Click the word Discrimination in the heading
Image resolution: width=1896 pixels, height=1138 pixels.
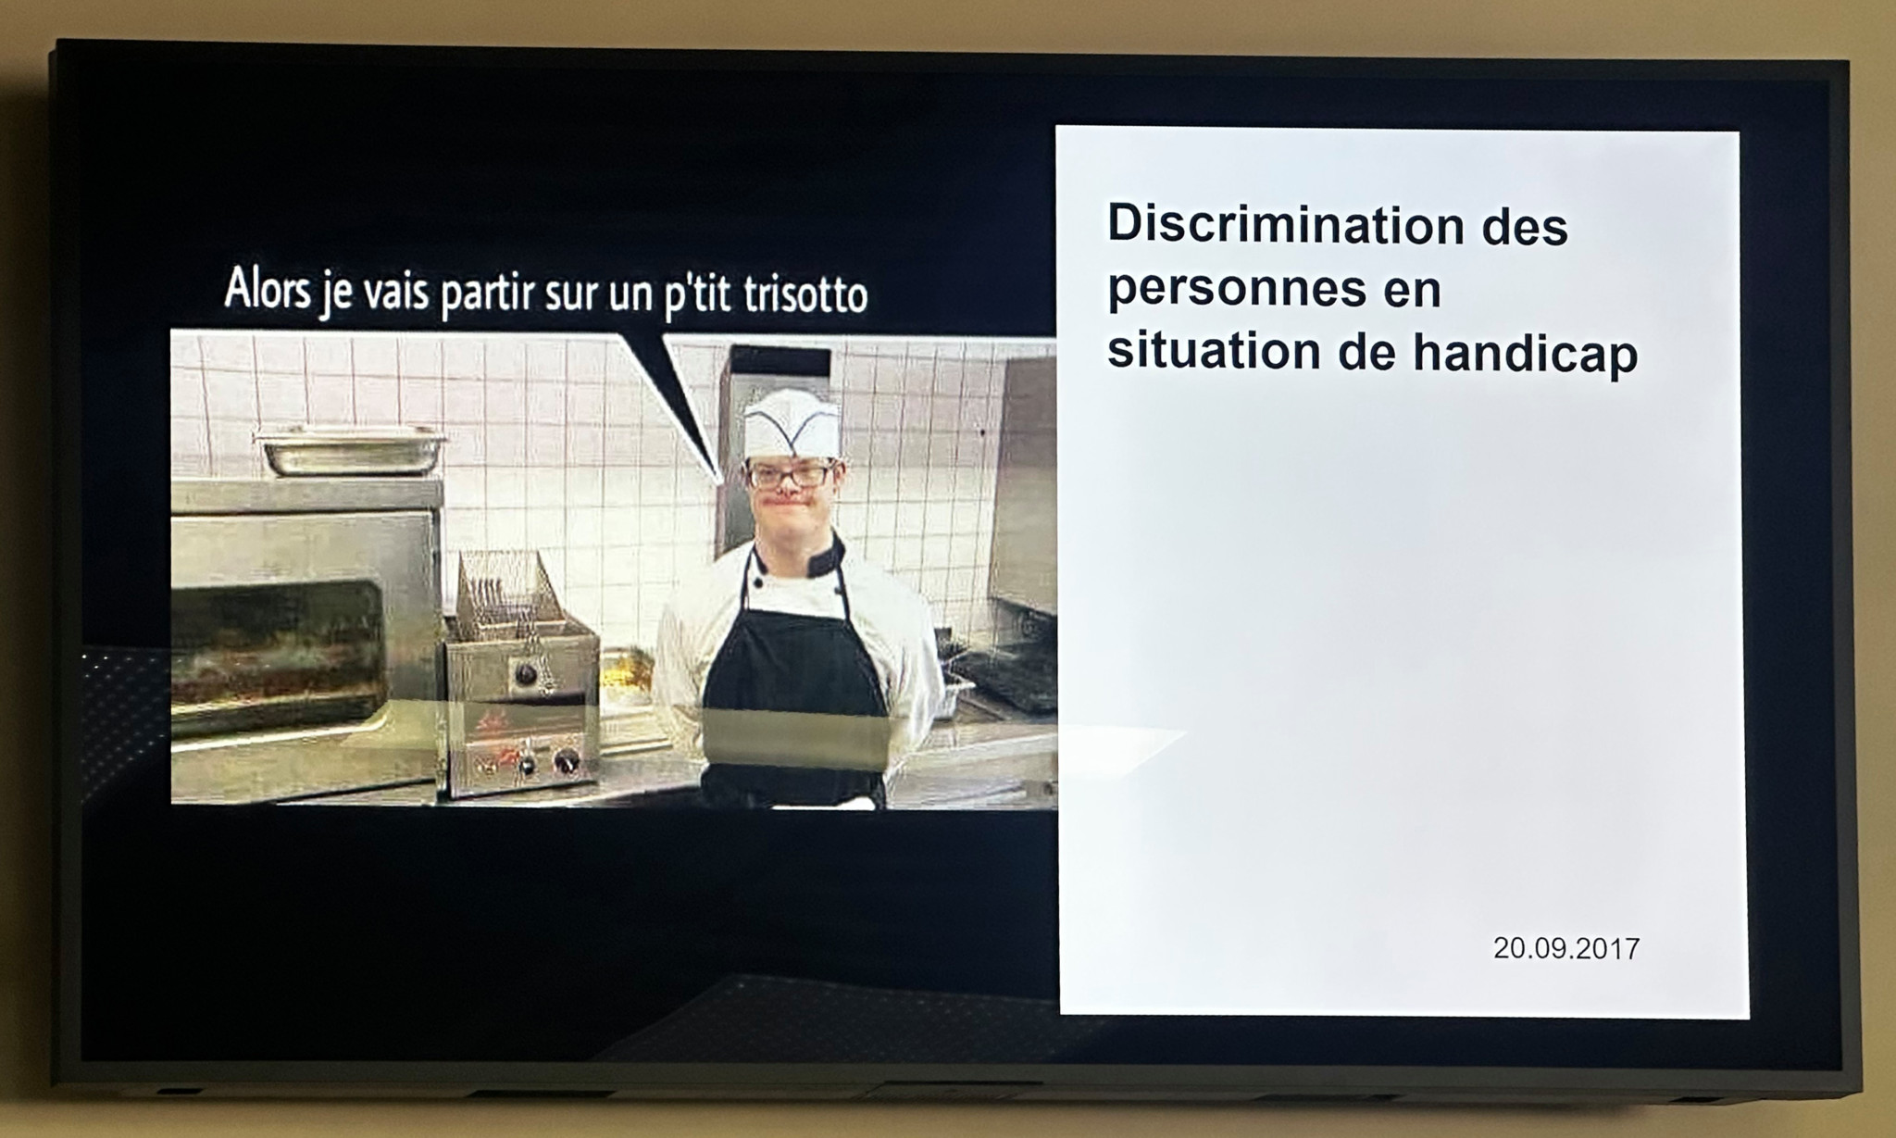click(x=1285, y=224)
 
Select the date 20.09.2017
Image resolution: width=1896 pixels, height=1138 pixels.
click(x=1565, y=948)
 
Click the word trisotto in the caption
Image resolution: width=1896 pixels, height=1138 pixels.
click(x=805, y=294)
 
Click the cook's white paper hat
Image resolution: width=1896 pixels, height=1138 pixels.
click(x=792, y=425)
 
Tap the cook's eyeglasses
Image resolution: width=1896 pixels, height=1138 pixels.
click(x=792, y=476)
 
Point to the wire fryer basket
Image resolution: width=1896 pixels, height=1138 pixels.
click(x=505, y=593)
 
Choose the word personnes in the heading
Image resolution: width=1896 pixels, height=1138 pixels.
click(x=1236, y=290)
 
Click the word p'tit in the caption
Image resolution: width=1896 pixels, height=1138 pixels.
click(x=698, y=295)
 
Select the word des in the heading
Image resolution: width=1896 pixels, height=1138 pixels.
click(x=1524, y=227)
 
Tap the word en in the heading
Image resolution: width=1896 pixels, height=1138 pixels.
click(x=1413, y=290)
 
